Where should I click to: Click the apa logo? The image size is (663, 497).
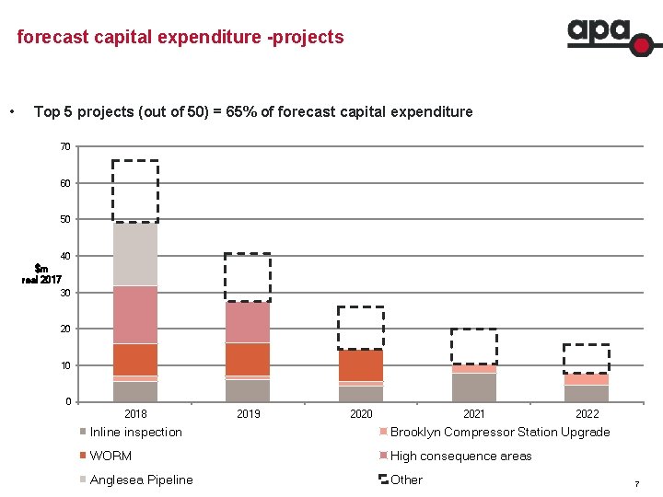(x=609, y=38)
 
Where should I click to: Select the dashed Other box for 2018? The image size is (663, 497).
(x=135, y=191)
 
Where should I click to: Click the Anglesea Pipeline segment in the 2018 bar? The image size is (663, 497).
(x=135, y=254)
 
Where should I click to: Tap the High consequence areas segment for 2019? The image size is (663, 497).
(x=248, y=322)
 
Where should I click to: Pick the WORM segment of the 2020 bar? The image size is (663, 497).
(x=361, y=365)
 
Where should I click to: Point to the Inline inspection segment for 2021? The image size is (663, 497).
(x=473, y=387)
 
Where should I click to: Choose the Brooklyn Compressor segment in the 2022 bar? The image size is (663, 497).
(x=587, y=379)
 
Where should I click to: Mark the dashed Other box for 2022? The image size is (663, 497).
(x=587, y=359)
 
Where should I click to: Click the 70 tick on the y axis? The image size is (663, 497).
(x=65, y=146)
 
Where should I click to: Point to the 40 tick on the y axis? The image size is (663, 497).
(x=65, y=256)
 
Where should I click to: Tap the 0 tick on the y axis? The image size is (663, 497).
(x=68, y=402)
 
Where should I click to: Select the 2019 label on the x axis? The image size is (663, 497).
(x=248, y=414)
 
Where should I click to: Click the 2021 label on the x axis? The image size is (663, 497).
(x=473, y=414)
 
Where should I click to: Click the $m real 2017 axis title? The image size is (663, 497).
(x=42, y=274)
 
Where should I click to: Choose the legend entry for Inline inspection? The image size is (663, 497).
(x=135, y=433)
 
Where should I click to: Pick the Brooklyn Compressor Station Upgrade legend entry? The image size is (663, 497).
(x=499, y=433)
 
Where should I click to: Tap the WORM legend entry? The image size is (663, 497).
(x=110, y=456)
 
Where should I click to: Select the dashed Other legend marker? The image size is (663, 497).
(x=383, y=480)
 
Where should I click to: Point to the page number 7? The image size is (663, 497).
(x=635, y=484)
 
